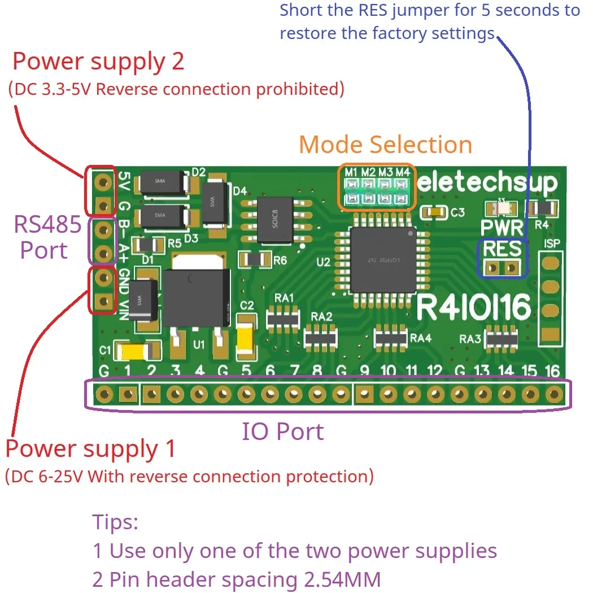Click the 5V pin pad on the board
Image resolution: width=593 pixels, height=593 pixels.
(x=103, y=181)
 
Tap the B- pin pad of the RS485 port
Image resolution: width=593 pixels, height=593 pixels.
(x=103, y=230)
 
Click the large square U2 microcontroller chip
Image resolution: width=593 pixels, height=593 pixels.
(x=383, y=260)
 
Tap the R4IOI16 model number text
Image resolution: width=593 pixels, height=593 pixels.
(x=474, y=308)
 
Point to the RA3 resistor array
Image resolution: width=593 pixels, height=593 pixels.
(x=502, y=338)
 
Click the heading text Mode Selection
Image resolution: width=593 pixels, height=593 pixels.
(x=385, y=145)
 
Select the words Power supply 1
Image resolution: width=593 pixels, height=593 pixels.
(x=90, y=450)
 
